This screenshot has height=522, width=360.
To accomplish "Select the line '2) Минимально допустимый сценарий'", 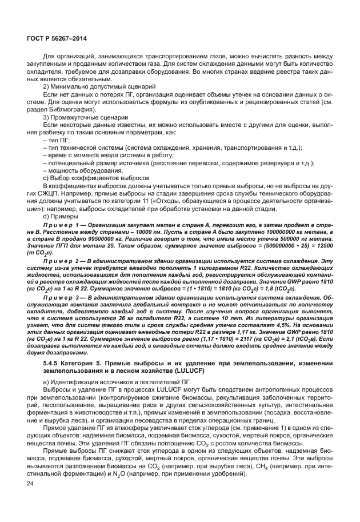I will click(85, 85).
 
